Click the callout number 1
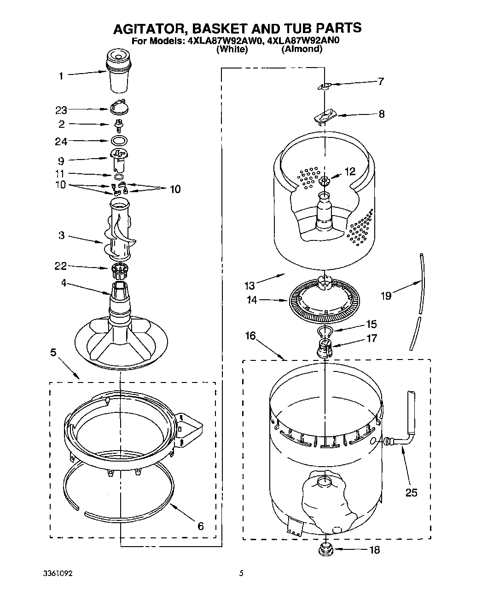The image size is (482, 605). tap(61, 76)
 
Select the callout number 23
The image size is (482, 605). tap(61, 110)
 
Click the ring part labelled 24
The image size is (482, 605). tap(119, 140)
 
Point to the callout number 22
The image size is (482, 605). tap(61, 266)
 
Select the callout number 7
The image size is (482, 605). tap(380, 82)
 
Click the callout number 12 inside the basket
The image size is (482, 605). tap(350, 171)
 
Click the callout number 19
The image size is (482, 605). tap(386, 296)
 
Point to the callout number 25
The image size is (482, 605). tap(411, 493)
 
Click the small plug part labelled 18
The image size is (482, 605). tap(326, 549)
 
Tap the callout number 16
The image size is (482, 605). tap(250, 336)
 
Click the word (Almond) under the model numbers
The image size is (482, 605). tap(302, 49)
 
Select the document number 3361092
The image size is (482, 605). tap(58, 574)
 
